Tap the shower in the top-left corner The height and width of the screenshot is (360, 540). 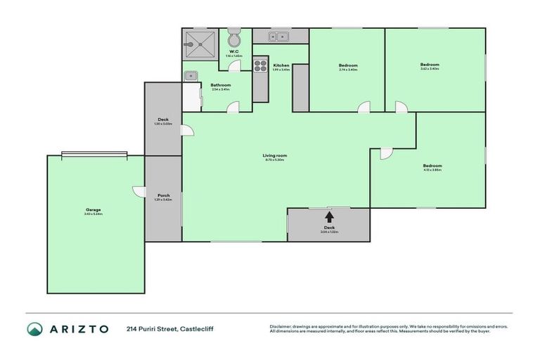click(x=200, y=45)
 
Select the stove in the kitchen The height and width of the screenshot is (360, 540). click(x=259, y=67)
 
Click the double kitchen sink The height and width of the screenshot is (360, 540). click(x=280, y=37)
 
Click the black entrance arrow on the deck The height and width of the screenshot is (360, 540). click(x=329, y=217)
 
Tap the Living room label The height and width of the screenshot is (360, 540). click(x=276, y=155)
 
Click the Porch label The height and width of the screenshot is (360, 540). click(x=162, y=195)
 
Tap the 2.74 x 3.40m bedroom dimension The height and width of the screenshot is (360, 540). click(x=348, y=70)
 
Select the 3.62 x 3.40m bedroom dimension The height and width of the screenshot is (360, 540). click(x=430, y=69)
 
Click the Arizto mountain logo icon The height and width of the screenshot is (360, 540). click(x=34, y=329)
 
